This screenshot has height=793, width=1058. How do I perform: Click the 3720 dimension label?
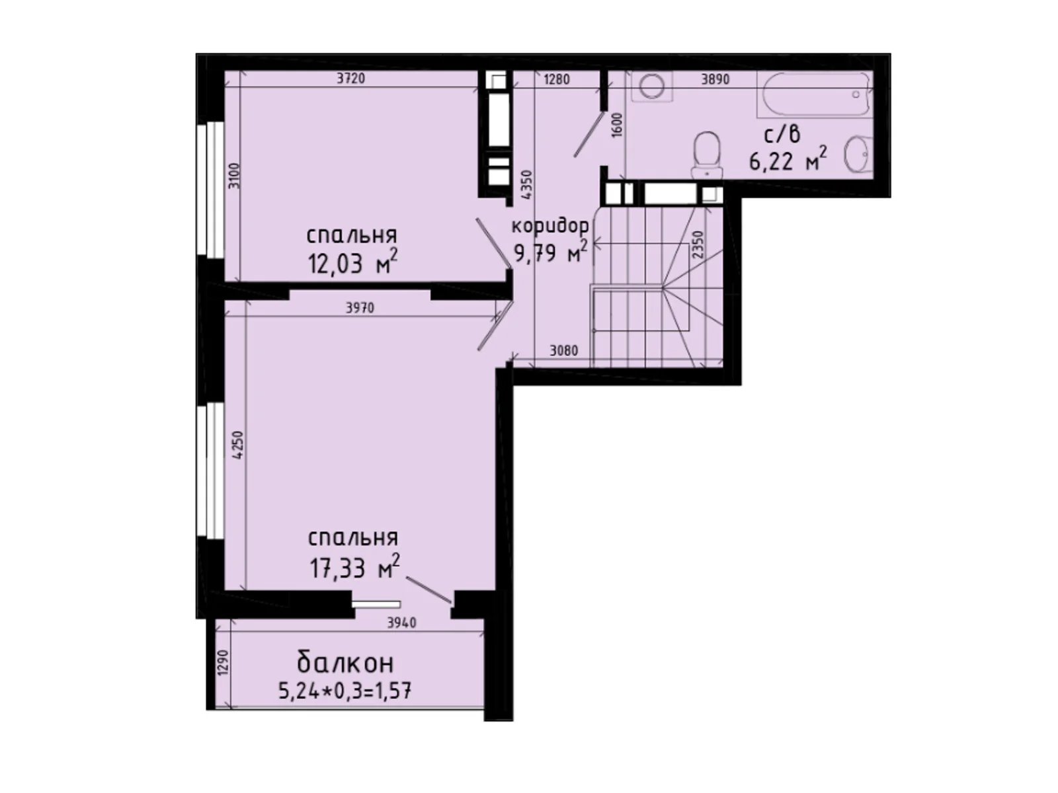[x=350, y=79]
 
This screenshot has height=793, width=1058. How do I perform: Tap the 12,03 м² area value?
[x=352, y=263]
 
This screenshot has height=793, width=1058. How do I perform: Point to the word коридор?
[x=550, y=226]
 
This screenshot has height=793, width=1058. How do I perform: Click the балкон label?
[x=345, y=662]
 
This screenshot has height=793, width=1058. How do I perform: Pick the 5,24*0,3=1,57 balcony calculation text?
[x=345, y=691]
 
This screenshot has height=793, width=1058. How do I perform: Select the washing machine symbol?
[x=652, y=86]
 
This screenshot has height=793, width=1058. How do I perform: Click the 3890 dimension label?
[x=715, y=80]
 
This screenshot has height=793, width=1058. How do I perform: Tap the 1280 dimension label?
[x=556, y=80]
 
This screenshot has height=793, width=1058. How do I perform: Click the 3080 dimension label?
[x=564, y=351]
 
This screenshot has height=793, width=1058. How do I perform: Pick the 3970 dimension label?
[x=360, y=308]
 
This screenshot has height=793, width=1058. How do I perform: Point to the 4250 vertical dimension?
[x=239, y=445]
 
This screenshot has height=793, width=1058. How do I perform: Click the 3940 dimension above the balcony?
[x=401, y=623]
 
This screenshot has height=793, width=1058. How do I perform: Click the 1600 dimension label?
[x=617, y=124]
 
